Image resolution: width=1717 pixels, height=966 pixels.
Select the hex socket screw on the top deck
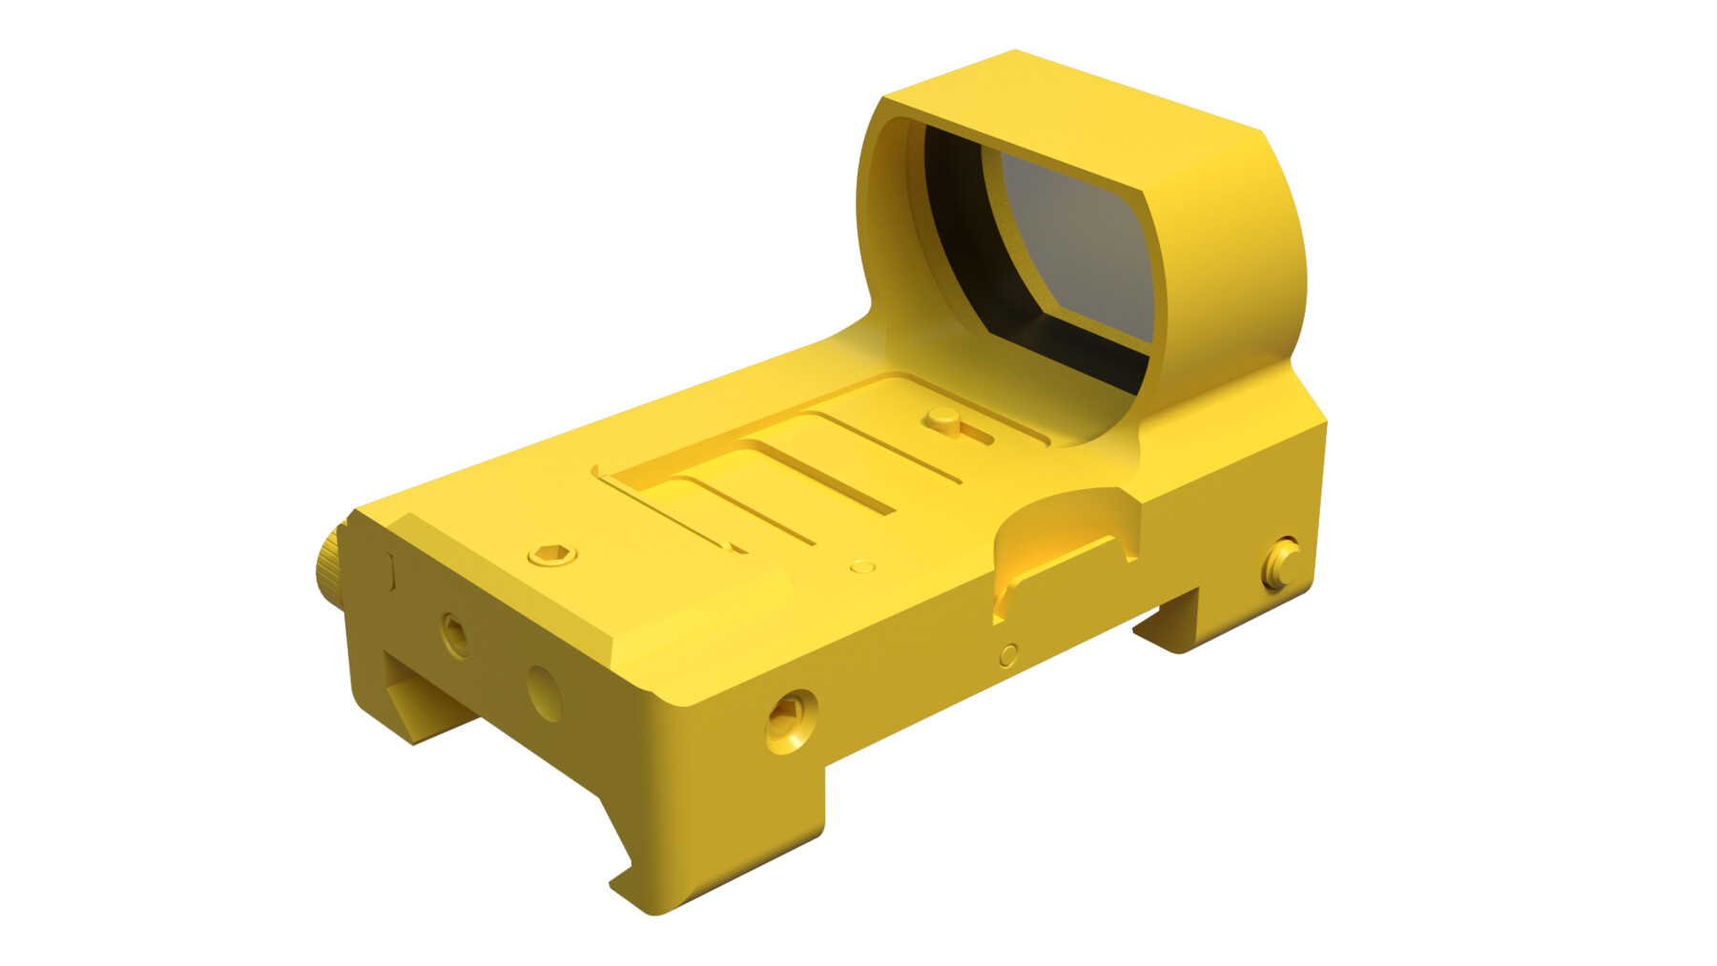coord(552,554)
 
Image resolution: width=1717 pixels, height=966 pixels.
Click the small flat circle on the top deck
coord(862,567)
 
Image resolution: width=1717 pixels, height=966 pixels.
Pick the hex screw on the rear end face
coord(455,634)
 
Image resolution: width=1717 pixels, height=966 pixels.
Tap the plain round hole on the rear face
coord(544,693)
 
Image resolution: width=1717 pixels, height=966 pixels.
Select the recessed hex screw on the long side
coord(791,721)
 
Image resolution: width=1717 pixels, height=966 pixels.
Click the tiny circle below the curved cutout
coord(1008,655)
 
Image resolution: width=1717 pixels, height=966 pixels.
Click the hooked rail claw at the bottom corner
coord(634,887)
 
